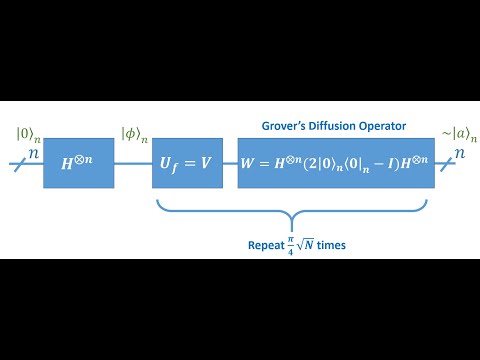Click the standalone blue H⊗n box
78,161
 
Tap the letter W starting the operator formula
250,162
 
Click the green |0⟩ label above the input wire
26,135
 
